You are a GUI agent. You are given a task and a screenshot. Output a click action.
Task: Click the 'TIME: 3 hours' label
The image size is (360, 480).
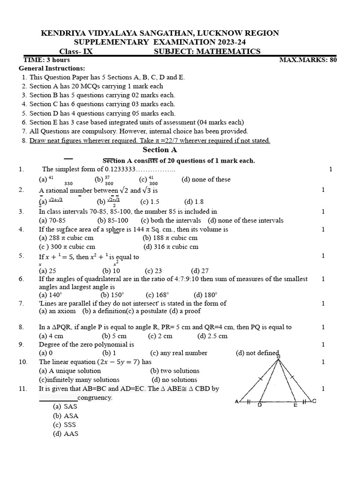pyautogui.click(x=47, y=60)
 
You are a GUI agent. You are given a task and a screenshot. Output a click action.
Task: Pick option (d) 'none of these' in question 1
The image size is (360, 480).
pyautogui.click(x=206, y=179)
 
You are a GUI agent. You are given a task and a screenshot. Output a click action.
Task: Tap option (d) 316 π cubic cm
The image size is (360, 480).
pyautogui.click(x=171, y=247)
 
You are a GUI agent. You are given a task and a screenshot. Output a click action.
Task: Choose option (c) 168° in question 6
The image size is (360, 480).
pyautogui.click(x=157, y=295)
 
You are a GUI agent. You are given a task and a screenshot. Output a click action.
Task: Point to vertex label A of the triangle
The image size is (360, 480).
pyautogui.click(x=237, y=401)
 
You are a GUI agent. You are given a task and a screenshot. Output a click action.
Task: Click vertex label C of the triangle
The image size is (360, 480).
pyautogui.click(x=314, y=401)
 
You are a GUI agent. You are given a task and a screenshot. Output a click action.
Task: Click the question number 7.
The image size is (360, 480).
pyautogui.click(x=21, y=303)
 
